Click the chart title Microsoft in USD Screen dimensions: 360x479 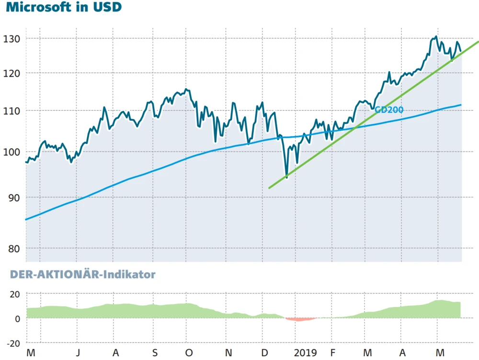64,8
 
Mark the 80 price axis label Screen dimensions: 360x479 14,248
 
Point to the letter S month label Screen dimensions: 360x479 154,353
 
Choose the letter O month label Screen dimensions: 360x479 189,353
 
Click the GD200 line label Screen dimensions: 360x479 389,110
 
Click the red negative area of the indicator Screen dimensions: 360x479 299,319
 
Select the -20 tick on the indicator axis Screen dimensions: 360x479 13,343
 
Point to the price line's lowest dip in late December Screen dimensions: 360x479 286,178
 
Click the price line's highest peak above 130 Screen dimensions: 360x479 435,36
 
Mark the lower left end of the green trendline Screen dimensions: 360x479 270,188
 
